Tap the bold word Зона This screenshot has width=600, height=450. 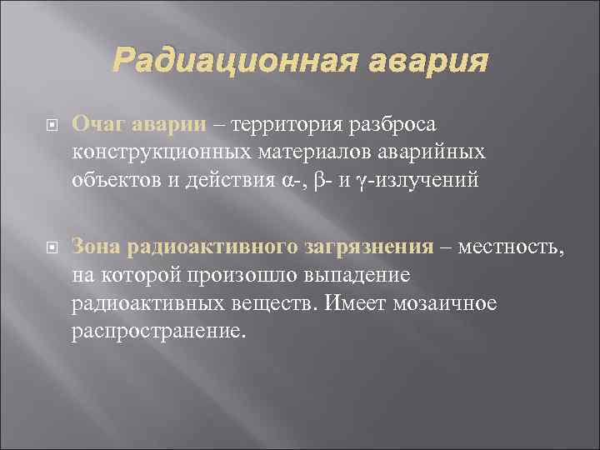coord(97,247)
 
